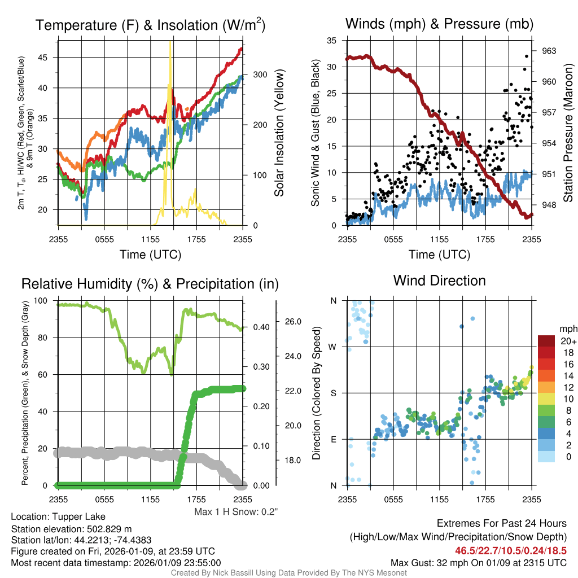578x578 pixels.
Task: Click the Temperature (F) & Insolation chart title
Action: (x=150, y=25)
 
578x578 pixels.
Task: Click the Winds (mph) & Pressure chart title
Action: (x=439, y=24)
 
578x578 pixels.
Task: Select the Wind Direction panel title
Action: (x=439, y=281)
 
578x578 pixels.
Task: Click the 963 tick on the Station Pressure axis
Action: (x=548, y=51)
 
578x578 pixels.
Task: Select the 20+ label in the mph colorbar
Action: (x=568, y=341)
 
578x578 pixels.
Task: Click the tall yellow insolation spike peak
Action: (x=170, y=44)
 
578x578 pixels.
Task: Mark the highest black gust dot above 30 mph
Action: (x=527, y=56)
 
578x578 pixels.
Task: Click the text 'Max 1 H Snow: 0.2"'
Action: (x=236, y=511)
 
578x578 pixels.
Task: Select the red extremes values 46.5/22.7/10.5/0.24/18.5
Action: (x=510, y=550)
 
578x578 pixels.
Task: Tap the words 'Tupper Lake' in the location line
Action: (x=82, y=516)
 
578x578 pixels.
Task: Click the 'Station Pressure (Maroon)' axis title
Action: (x=568, y=132)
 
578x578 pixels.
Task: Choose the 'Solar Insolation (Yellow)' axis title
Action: (x=279, y=133)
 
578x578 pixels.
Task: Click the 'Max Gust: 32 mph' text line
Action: (x=479, y=562)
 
